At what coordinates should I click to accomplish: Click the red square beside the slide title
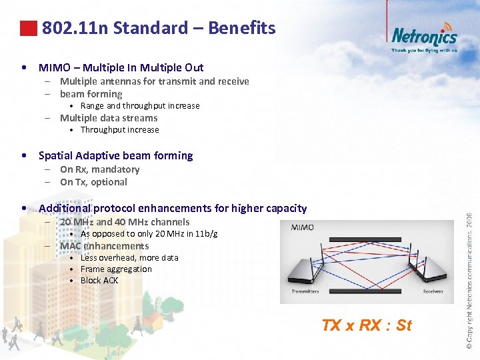(x=28, y=28)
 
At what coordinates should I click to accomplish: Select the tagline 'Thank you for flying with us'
(x=424, y=50)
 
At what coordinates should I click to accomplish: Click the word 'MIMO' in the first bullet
(x=53, y=67)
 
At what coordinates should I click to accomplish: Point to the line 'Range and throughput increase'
(x=140, y=105)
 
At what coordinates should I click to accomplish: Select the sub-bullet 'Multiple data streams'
(x=109, y=118)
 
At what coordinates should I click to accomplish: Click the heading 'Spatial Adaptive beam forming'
(x=115, y=155)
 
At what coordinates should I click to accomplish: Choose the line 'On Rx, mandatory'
(x=99, y=169)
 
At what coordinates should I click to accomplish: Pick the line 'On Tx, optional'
(x=93, y=181)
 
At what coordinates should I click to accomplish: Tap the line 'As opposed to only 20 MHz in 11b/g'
(x=149, y=233)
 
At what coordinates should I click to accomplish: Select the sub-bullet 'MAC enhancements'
(x=104, y=246)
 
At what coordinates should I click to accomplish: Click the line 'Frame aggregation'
(x=116, y=269)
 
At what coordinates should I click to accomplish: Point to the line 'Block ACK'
(x=99, y=280)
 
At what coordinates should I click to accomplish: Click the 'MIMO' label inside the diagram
(x=303, y=228)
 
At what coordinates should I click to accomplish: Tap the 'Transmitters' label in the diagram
(x=305, y=291)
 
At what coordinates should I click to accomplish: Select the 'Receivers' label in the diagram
(x=433, y=291)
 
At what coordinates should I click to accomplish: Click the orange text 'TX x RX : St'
(x=366, y=325)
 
